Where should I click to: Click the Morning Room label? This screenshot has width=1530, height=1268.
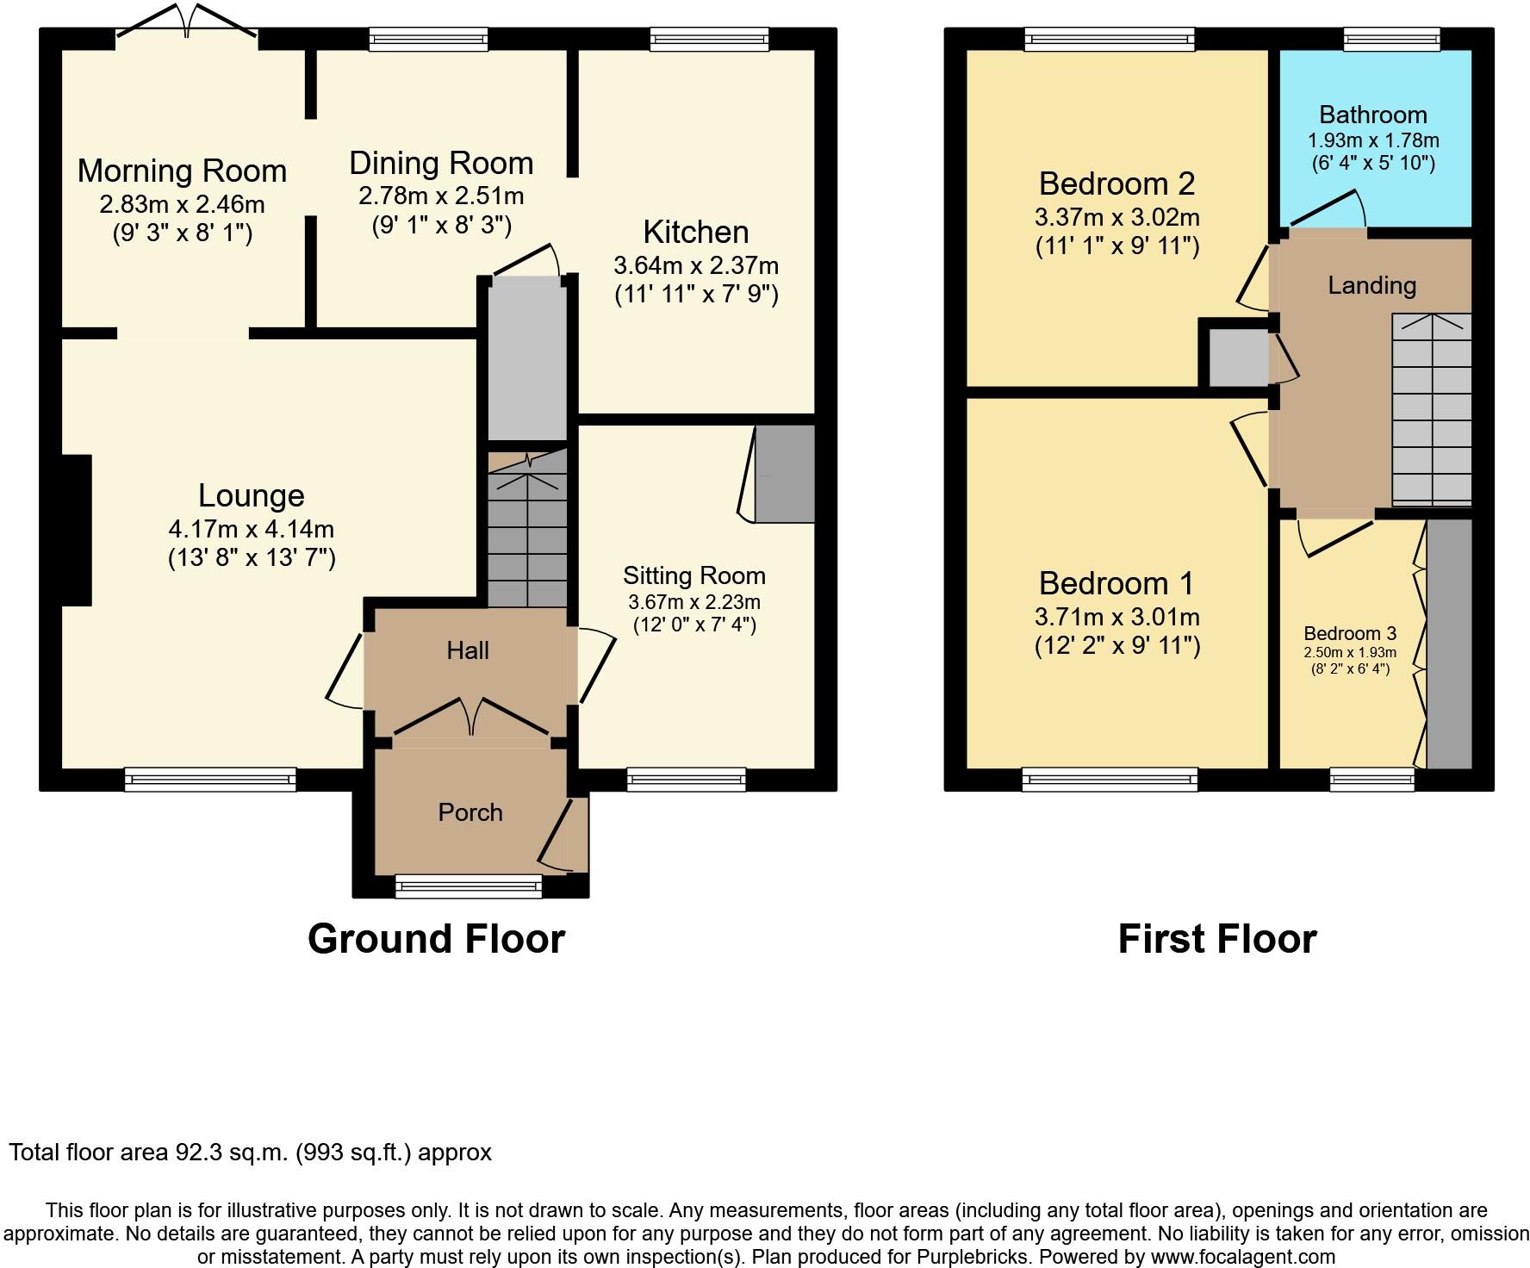tap(182, 171)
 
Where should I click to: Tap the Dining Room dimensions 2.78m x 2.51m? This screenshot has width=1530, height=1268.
tap(441, 196)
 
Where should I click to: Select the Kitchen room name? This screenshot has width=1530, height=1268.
tap(695, 232)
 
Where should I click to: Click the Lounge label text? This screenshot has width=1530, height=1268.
tap(251, 495)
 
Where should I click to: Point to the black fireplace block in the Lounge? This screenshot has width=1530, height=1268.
tap(76, 530)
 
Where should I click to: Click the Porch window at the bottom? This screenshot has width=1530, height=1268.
tap(469, 886)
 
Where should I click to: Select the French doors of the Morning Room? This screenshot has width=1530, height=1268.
tap(187, 21)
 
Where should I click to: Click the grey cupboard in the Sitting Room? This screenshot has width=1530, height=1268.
tap(784, 473)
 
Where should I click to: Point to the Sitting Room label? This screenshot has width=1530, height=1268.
tap(694, 575)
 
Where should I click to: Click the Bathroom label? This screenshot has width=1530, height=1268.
tap(1372, 115)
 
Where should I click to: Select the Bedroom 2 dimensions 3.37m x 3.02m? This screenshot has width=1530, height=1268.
tap(1116, 217)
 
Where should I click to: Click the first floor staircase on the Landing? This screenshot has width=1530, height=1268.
tap(1431, 410)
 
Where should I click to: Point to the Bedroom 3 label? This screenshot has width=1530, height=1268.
tap(1349, 634)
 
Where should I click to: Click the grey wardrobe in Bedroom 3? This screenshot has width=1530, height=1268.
tap(1449, 643)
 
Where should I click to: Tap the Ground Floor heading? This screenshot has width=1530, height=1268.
tap(436, 939)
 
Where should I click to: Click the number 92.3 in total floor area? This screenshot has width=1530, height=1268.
tap(195, 1153)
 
